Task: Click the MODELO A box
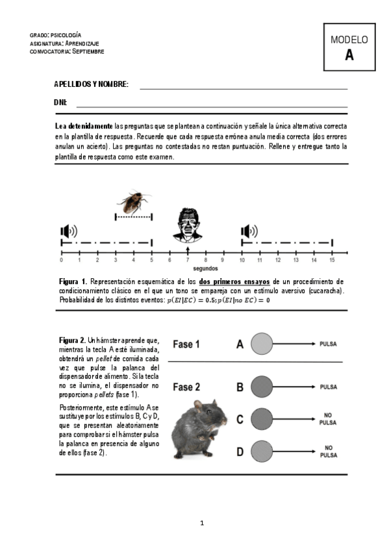[x=349, y=47]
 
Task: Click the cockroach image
[x=134, y=202]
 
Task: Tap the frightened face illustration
[x=187, y=224]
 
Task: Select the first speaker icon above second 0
[x=68, y=232]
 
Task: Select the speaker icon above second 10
[x=249, y=232]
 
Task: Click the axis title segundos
[x=205, y=269]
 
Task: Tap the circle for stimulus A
[x=261, y=344]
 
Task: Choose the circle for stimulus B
[x=261, y=387]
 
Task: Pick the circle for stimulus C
[x=261, y=418]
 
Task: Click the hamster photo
[x=199, y=429]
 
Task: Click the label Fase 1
[x=186, y=344]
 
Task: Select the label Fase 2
[x=186, y=387]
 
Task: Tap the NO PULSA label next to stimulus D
[x=329, y=451]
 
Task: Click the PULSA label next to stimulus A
[x=329, y=344]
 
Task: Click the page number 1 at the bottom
[x=202, y=523]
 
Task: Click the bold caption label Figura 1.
[x=72, y=281]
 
